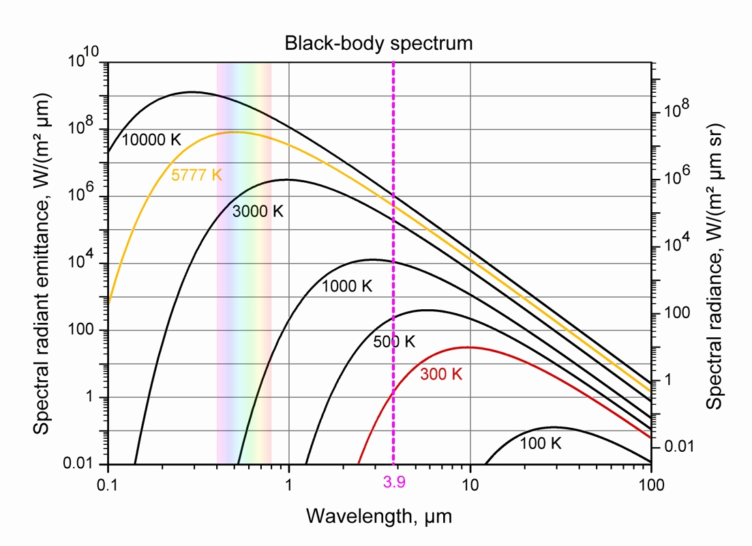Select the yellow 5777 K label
[x=196, y=175]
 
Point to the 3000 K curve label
[x=257, y=211]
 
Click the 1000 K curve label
[x=348, y=286]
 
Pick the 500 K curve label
[x=394, y=342]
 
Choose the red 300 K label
[x=441, y=374]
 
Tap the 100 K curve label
[x=541, y=444]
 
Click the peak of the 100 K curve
[x=554, y=427]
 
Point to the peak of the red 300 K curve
[x=468, y=347]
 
